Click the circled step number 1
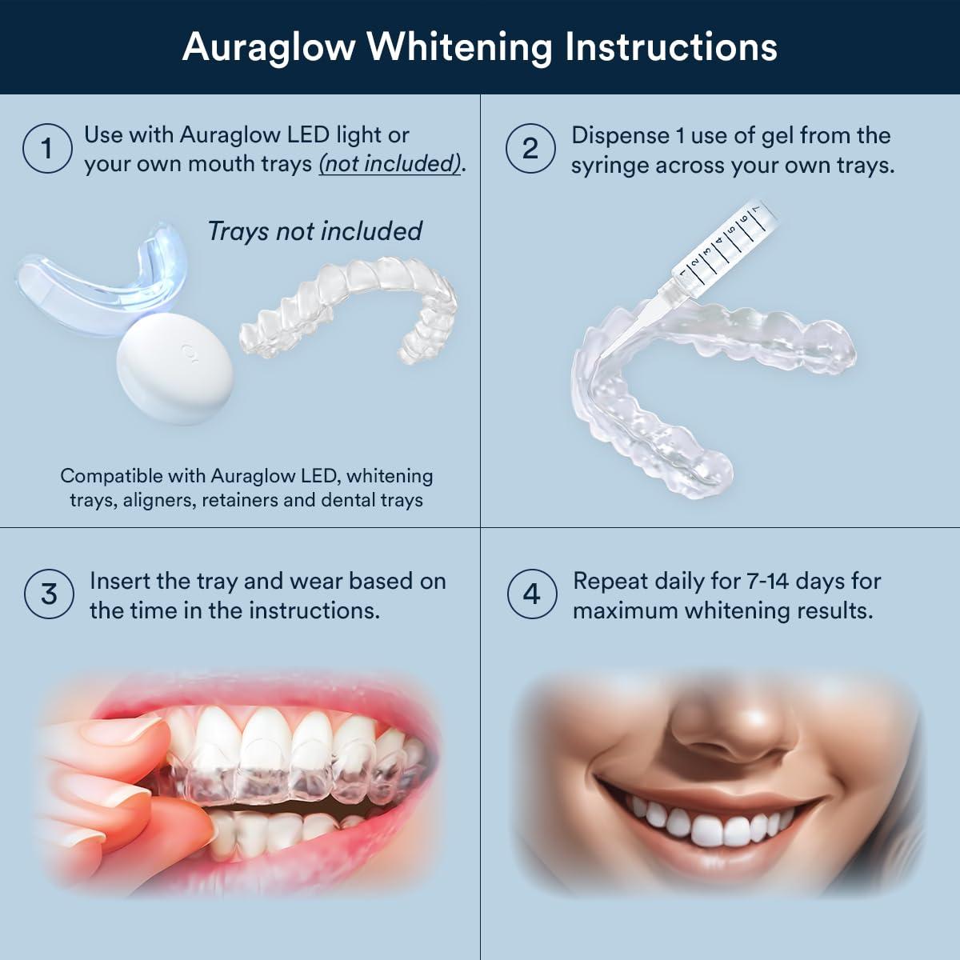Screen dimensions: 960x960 coord(47,149)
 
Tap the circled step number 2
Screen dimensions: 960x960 coord(530,149)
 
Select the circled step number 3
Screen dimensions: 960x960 coord(49,594)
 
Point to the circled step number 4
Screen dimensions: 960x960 coord(532,594)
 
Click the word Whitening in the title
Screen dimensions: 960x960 coord(459,47)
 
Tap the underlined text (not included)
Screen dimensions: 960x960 coord(391,164)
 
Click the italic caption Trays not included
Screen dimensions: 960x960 coord(314,231)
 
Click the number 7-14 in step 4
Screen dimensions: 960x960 coord(767,581)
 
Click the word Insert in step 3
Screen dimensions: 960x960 coord(119,581)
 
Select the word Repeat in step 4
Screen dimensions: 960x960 coord(610,581)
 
